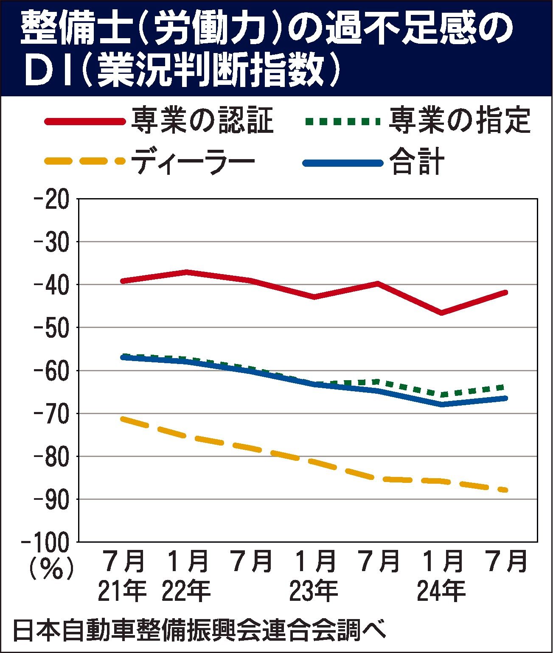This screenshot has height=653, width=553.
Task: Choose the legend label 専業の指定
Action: click(x=460, y=121)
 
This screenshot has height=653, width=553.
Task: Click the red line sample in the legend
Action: click(x=85, y=122)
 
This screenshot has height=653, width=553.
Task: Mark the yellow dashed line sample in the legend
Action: click(x=85, y=161)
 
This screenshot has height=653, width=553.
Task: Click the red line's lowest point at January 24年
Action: click(x=442, y=313)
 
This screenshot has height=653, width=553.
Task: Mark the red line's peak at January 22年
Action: click(x=187, y=272)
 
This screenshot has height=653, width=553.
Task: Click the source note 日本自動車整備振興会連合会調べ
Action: click(x=199, y=631)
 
